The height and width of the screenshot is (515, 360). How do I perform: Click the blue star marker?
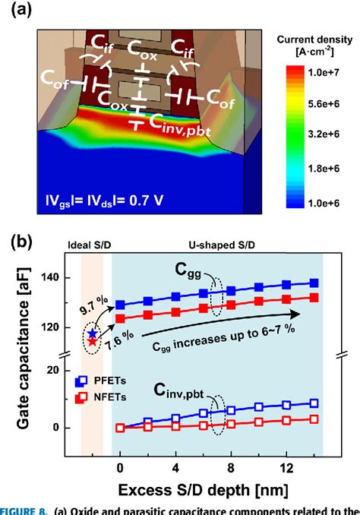pyautogui.click(x=93, y=333)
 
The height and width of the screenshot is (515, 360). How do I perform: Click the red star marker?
pyautogui.click(x=93, y=342)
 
